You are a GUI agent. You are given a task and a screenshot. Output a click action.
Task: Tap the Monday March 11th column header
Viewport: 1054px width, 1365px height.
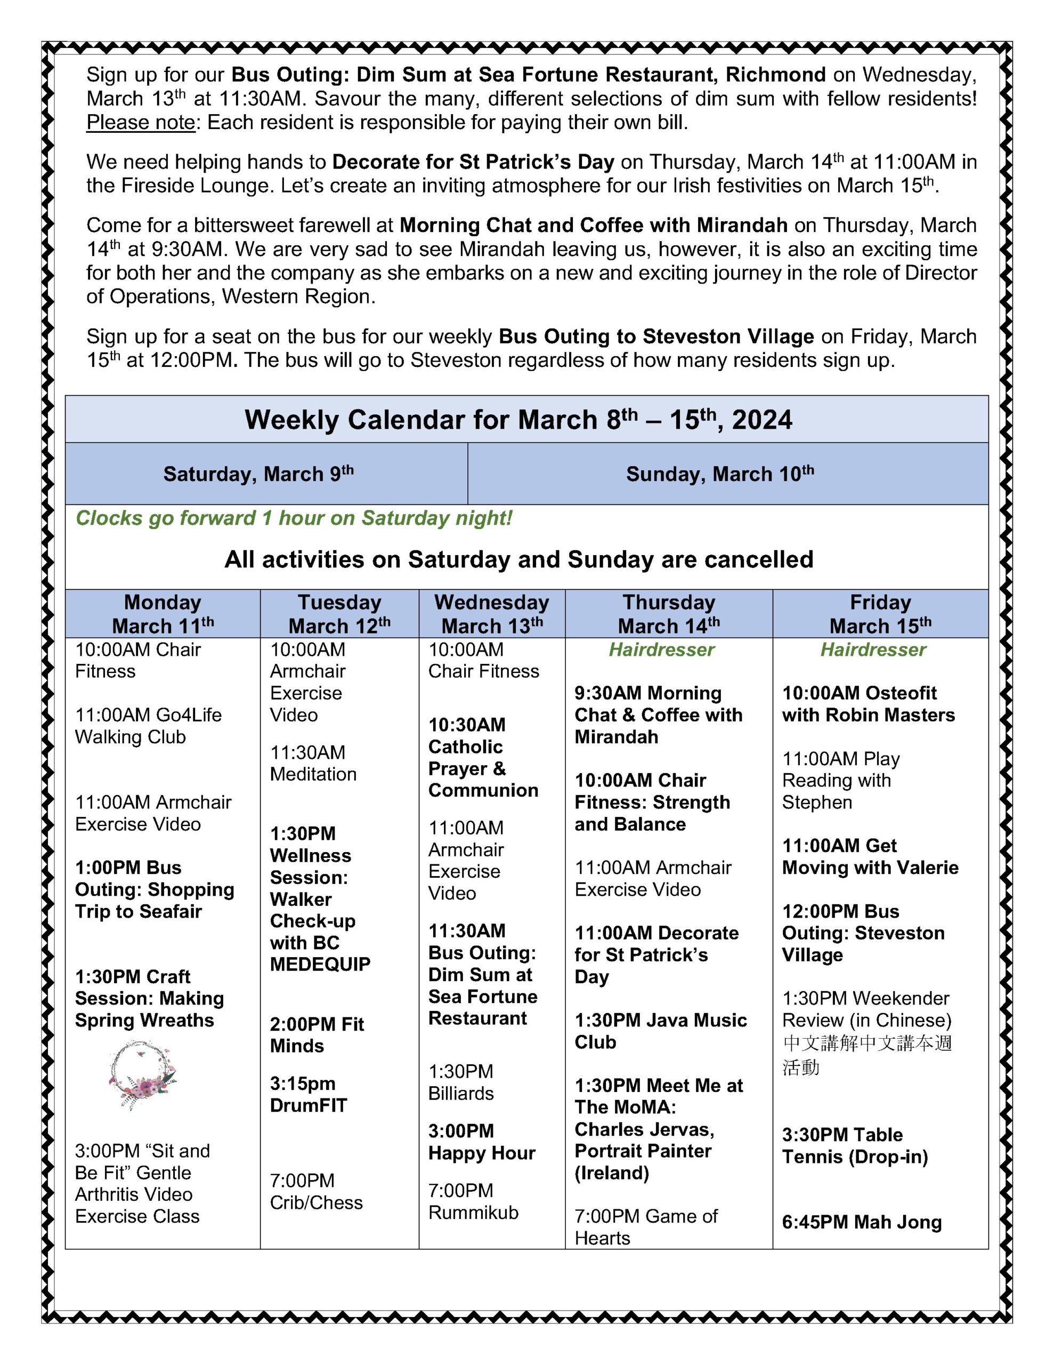tap(163, 613)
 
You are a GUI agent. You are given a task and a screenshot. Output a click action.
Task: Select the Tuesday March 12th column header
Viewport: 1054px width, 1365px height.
tap(339, 613)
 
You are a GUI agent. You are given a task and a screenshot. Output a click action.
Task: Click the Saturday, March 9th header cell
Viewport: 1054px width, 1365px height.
tap(258, 473)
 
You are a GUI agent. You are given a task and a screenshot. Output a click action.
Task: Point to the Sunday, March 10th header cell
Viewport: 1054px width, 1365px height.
tap(720, 473)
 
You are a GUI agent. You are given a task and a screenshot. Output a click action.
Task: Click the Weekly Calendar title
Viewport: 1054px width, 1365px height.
tap(518, 420)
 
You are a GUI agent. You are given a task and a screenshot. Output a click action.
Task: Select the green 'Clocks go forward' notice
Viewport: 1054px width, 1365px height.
tap(294, 518)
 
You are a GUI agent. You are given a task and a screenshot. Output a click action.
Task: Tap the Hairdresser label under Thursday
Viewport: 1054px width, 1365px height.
tap(661, 649)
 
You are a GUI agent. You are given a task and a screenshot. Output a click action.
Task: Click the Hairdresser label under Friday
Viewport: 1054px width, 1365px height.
tap(873, 649)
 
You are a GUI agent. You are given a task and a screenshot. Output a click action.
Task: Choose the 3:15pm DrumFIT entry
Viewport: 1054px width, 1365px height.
tap(308, 1094)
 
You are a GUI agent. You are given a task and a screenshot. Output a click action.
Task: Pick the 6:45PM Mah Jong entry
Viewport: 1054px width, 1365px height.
tap(862, 1222)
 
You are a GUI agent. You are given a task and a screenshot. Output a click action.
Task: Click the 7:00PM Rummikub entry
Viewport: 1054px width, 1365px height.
tap(473, 1201)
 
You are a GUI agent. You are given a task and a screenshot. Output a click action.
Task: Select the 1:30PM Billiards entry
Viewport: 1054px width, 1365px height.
tap(461, 1082)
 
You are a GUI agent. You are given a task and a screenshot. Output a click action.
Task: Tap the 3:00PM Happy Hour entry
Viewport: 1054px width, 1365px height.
tap(482, 1142)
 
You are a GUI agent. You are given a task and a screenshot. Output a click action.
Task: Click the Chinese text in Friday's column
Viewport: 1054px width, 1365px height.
tap(866, 1054)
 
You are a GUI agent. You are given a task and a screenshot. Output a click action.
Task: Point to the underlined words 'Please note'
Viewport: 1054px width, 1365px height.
tap(141, 123)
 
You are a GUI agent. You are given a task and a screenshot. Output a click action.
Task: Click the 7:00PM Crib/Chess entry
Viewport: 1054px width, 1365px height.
tap(316, 1191)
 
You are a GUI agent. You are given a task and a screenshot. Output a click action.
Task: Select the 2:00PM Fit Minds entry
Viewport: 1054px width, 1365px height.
tap(317, 1035)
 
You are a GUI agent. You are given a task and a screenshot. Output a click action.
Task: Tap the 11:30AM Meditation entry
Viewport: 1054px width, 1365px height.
tap(313, 763)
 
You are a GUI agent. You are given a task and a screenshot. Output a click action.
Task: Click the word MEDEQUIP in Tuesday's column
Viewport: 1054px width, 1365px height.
tap(320, 965)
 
